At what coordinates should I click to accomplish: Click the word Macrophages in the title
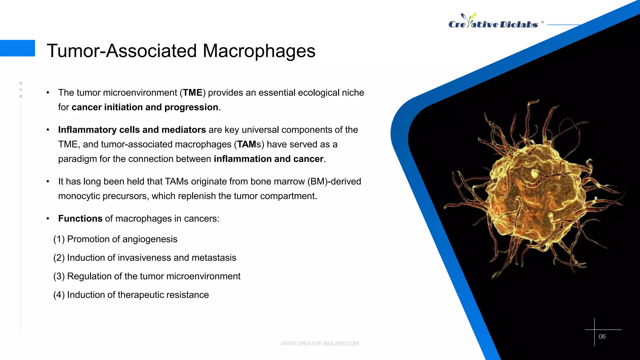click(x=259, y=51)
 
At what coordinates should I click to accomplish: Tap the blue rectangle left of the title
click(x=17, y=48)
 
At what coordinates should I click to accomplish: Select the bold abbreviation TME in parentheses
click(x=192, y=93)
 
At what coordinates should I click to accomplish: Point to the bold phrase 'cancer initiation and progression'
click(x=145, y=107)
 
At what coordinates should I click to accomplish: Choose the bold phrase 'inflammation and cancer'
click(x=268, y=159)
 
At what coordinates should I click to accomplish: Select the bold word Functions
click(x=80, y=219)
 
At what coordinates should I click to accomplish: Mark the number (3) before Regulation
click(x=59, y=277)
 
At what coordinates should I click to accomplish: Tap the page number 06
click(x=602, y=337)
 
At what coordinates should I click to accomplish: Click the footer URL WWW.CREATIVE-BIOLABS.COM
click(x=320, y=343)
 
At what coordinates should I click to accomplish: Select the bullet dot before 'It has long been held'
click(x=48, y=182)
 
